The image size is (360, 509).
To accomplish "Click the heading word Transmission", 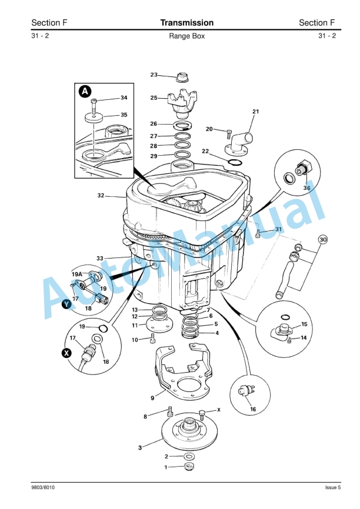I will [186, 23].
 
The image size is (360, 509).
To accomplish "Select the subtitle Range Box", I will [186, 36].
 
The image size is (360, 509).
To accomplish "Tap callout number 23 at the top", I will [154, 75].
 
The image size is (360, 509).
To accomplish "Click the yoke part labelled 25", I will [181, 101].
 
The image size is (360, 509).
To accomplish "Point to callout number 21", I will [255, 111].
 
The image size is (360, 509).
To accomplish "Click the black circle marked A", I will [85, 91].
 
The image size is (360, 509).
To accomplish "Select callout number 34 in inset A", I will [124, 98].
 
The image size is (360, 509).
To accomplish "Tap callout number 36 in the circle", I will [306, 187].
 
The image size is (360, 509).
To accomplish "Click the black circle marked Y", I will [67, 304].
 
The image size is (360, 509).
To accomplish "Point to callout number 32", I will [101, 195].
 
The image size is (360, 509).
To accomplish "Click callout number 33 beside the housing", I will [99, 258].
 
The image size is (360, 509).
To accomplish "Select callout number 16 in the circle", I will [253, 409].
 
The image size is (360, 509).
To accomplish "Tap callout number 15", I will [304, 324].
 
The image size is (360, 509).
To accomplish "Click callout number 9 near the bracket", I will [152, 398].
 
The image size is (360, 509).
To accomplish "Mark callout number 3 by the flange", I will [140, 448].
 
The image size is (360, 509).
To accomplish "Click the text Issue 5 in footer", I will [332, 488].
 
